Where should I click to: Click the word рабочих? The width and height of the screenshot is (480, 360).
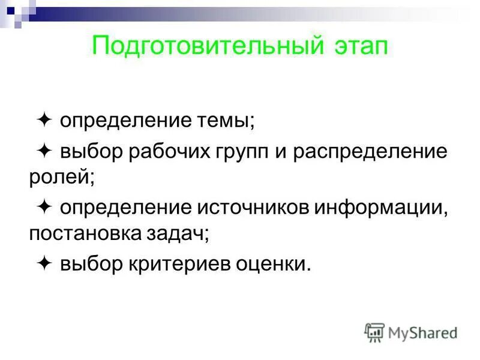click(x=169, y=152)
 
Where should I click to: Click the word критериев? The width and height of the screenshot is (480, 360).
click(x=182, y=265)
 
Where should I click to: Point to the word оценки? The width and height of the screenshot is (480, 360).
click(x=275, y=265)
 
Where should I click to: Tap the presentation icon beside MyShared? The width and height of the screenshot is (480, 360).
click(x=374, y=332)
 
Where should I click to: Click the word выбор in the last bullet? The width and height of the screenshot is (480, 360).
click(x=90, y=265)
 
